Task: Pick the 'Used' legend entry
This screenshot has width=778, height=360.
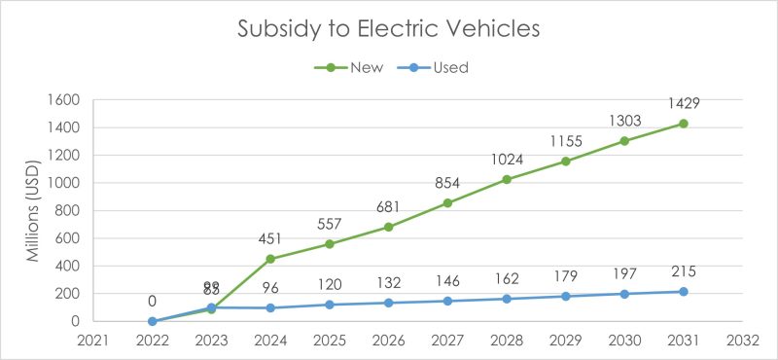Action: pyautogui.click(x=450, y=67)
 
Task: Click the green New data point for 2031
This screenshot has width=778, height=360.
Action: pyautogui.click(x=683, y=124)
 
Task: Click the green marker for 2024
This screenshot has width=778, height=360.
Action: pyautogui.click(x=270, y=259)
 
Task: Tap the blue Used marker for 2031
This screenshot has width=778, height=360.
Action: pyautogui.click(x=683, y=292)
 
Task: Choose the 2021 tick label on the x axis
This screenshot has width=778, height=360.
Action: pyautogui.click(x=93, y=340)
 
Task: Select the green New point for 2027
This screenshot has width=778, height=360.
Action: pyautogui.click(x=447, y=203)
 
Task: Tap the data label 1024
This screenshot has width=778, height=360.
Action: pyautogui.click(x=506, y=158)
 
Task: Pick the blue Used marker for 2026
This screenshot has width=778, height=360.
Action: pyautogui.click(x=388, y=303)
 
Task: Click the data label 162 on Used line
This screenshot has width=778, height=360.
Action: pyautogui.click(x=506, y=276)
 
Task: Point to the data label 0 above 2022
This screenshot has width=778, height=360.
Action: pyautogui.click(x=153, y=301)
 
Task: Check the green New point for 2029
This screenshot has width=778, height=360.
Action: pyautogui.click(x=565, y=162)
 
